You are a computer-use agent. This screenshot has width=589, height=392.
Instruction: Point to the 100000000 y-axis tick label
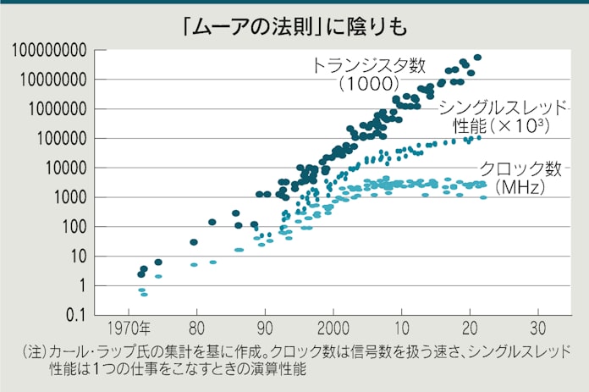(x=50, y=51)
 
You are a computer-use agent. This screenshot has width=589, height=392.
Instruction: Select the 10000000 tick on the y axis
(x=54, y=80)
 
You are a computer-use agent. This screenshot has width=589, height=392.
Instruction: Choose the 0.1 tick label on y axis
(x=76, y=316)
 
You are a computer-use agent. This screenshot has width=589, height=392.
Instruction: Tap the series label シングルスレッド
(x=503, y=108)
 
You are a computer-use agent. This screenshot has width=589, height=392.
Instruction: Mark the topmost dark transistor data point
(x=477, y=58)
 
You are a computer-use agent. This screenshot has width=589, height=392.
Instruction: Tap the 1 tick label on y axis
(x=81, y=286)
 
